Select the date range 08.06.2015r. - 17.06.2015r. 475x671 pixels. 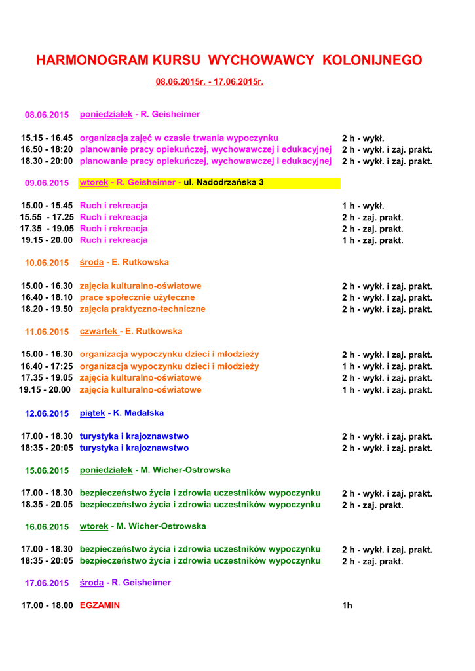coord(209,82)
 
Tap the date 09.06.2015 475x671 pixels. coord(47,183)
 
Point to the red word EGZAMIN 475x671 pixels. coord(100,605)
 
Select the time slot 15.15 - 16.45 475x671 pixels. coord(47,138)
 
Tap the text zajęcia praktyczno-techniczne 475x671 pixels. coord(142,309)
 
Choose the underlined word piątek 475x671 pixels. coord(92,413)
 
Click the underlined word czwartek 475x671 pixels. coord(98,331)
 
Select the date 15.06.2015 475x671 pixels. coord(47,470)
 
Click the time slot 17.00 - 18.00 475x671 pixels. coord(47,605)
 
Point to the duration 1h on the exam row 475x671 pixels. coord(347,605)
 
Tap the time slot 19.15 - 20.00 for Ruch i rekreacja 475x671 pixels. coord(47,240)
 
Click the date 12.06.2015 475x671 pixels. coord(47,413)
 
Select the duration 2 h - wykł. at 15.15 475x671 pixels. coord(362,138)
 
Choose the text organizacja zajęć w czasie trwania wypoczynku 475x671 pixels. coord(179,138)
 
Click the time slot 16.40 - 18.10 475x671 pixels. coord(47,297)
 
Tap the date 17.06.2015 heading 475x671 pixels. coord(47,583)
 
